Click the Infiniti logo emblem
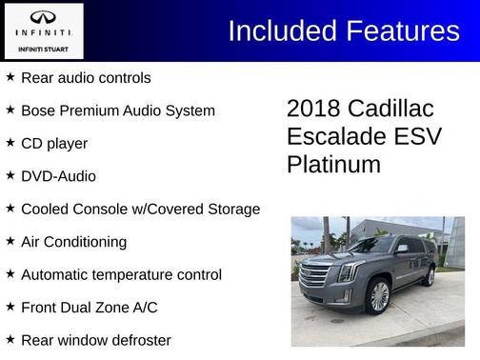(43, 18)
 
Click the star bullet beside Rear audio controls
(10, 77)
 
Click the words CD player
(54, 143)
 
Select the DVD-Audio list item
(58, 176)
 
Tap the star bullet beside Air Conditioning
(10, 242)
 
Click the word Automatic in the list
(56, 274)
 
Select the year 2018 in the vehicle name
(313, 108)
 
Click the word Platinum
(333, 165)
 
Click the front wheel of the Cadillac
(379, 296)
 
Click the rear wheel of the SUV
(428, 276)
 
